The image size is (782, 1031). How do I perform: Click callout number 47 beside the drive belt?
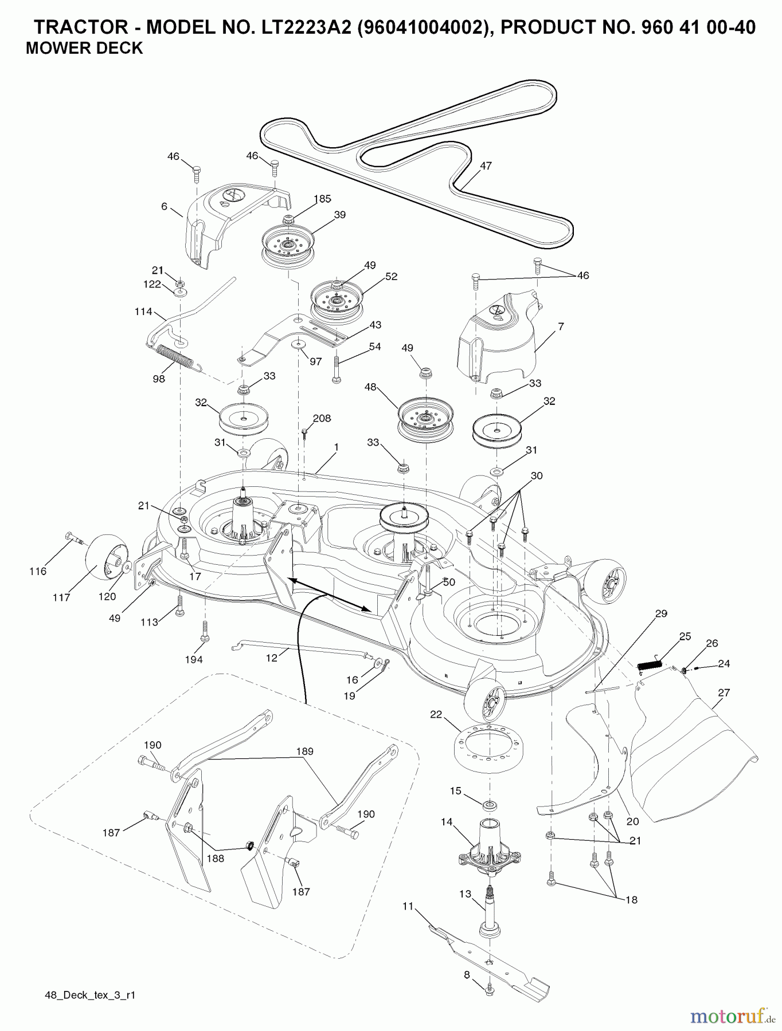(486, 166)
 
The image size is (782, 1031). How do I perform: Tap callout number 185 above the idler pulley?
(322, 199)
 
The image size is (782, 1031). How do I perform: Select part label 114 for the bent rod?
(143, 312)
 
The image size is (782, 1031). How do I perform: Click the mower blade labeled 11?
(487, 958)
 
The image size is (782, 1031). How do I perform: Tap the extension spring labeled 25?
(650, 664)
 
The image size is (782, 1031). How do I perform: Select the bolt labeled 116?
(73, 538)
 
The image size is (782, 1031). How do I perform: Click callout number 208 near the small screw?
(322, 418)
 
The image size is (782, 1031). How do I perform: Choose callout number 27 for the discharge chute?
(724, 692)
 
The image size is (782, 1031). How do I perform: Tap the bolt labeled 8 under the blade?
(489, 990)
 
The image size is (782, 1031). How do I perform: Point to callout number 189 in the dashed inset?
(304, 751)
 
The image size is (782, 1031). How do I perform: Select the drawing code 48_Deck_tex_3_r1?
(90, 995)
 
